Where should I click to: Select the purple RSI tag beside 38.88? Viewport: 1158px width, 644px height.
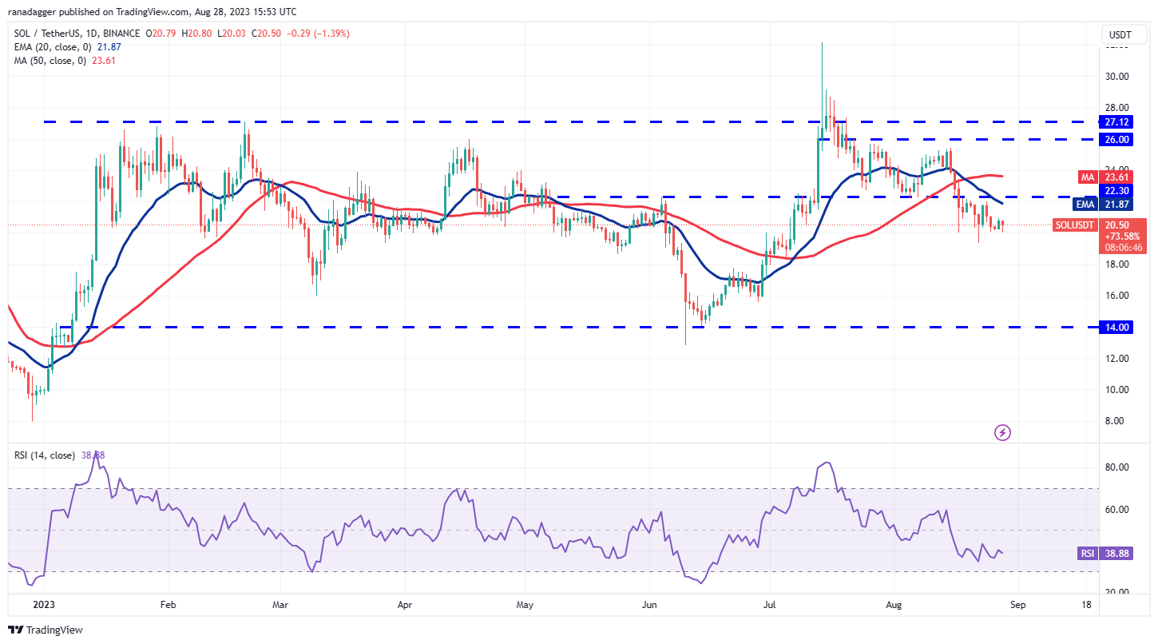(1086, 553)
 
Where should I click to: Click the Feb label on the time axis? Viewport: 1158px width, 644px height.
(167, 606)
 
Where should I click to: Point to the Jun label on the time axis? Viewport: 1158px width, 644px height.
(649, 606)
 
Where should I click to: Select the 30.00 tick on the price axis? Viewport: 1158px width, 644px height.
(1116, 77)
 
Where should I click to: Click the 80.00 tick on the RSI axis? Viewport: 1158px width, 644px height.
(1116, 467)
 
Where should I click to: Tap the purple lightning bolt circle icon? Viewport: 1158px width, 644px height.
(1003, 433)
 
